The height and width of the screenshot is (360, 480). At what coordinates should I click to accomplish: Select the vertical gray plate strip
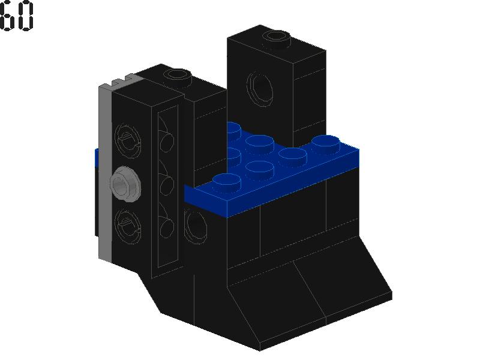click(105, 174)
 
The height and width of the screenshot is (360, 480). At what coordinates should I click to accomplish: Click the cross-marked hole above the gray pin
click(128, 140)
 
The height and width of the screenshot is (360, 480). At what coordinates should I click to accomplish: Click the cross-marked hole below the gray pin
click(128, 223)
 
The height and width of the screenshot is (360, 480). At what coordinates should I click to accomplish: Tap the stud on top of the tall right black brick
click(275, 37)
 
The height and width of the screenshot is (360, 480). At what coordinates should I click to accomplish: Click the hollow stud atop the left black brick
click(178, 76)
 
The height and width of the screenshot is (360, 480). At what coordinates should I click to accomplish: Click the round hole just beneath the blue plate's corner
click(196, 225)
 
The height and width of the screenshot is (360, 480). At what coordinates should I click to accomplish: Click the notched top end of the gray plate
click(118, 82)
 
